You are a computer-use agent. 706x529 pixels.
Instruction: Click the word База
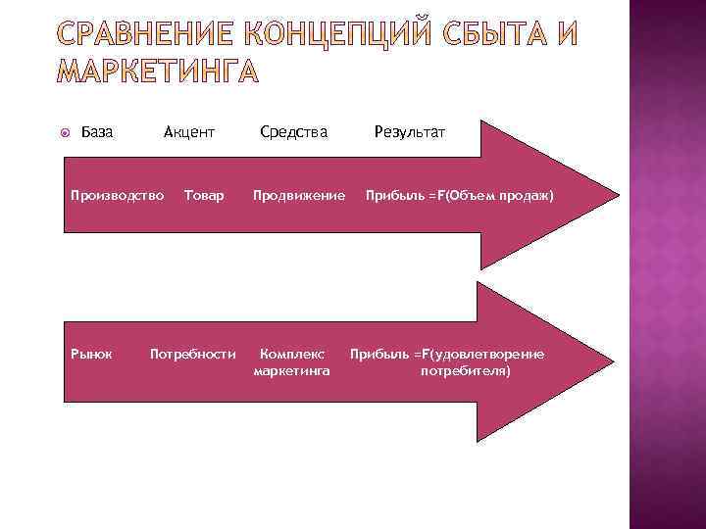95,131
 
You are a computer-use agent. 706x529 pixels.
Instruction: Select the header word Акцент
189,131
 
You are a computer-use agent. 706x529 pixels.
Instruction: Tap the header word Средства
294,131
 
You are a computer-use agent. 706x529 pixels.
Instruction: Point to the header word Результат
409,131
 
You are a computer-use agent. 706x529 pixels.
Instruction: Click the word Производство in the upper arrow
117,196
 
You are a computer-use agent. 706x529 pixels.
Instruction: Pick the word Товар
204,196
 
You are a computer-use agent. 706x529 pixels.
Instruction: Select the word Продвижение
299,196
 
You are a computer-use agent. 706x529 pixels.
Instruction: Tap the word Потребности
192,354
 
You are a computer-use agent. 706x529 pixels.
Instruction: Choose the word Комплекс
292,354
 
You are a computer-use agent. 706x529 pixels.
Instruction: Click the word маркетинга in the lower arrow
291,371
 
